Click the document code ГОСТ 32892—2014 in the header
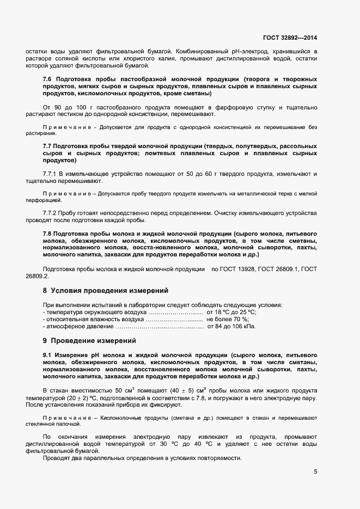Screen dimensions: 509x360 coord(290,38)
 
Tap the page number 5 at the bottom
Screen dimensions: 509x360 coord(315,471)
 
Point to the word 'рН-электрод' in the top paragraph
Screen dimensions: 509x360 coord(235,51)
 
